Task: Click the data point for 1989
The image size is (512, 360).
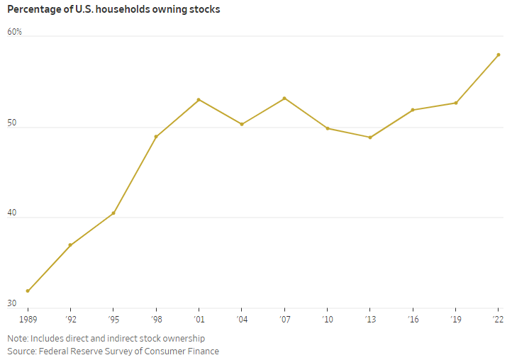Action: tap(28, 291)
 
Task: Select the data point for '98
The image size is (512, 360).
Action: tap(156, 136)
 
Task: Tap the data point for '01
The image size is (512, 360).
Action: tap(199, 99)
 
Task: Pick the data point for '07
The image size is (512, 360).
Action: tap(284, 98)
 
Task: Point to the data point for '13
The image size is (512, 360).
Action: tap(370, 137)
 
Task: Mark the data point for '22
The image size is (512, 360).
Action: tap(499, 55)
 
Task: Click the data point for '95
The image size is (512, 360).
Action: tap(113, 213)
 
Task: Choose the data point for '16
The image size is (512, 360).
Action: tap(413, 110)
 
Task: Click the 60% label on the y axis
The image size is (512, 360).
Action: tap(14, 32)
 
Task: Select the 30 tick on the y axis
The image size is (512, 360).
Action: tap(12, 304)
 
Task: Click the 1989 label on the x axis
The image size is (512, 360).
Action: tap(28, 320)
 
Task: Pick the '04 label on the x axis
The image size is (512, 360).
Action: tap(241, 320)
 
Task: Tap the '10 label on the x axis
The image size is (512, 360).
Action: tap(327, 320)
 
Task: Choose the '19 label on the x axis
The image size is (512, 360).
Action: tap(455, 320)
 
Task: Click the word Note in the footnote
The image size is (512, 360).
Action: tap(17, 339)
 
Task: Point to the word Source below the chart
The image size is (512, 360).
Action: tap(21, 351)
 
